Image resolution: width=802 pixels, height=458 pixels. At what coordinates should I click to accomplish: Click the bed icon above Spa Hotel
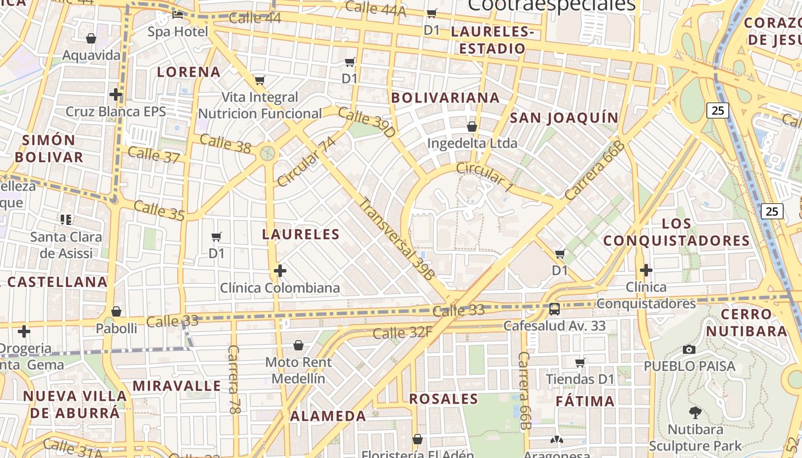178,14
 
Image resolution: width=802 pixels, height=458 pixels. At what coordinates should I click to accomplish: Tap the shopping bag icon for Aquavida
91,38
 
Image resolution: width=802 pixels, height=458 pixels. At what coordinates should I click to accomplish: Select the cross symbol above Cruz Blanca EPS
116,94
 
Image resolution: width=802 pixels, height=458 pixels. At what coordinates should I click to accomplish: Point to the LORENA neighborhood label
189,72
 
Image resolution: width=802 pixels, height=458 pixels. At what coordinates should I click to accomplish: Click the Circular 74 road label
306,161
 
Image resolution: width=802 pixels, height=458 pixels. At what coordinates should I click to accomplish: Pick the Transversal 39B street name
397,239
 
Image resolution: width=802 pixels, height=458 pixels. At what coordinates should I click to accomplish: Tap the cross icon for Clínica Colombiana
280,270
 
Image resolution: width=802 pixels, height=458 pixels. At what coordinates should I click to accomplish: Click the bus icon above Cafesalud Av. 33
554,309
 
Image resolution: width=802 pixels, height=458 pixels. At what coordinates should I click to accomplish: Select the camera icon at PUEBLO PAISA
689,349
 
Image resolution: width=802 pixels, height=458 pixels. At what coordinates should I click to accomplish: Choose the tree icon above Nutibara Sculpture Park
695,412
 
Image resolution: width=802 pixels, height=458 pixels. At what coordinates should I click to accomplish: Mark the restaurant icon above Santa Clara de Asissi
66,219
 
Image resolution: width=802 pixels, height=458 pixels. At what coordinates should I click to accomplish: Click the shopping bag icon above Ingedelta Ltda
472,126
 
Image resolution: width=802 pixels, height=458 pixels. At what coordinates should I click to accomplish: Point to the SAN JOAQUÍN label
564,118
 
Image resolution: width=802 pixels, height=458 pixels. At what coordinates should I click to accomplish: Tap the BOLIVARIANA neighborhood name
446,98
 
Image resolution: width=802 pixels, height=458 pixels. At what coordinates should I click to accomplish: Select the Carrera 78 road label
234,379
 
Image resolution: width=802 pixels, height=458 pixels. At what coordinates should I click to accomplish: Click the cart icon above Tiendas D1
580,362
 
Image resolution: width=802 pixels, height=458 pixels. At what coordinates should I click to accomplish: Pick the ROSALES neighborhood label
444,399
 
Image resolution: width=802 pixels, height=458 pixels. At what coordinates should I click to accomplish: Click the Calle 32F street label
403,332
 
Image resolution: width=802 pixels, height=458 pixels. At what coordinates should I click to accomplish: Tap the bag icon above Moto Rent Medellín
298,345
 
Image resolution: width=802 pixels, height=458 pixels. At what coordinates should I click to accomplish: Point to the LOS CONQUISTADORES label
677,232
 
